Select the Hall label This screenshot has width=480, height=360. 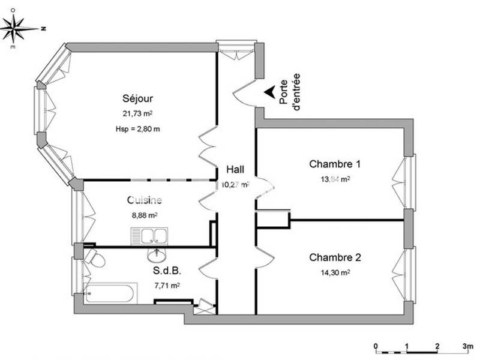235,170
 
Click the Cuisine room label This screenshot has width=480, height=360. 145,200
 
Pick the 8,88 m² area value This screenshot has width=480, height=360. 145,214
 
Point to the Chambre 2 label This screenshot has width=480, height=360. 335,257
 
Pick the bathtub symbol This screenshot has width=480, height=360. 110,294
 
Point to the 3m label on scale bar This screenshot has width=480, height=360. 468,346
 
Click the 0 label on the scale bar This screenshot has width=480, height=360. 376,346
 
